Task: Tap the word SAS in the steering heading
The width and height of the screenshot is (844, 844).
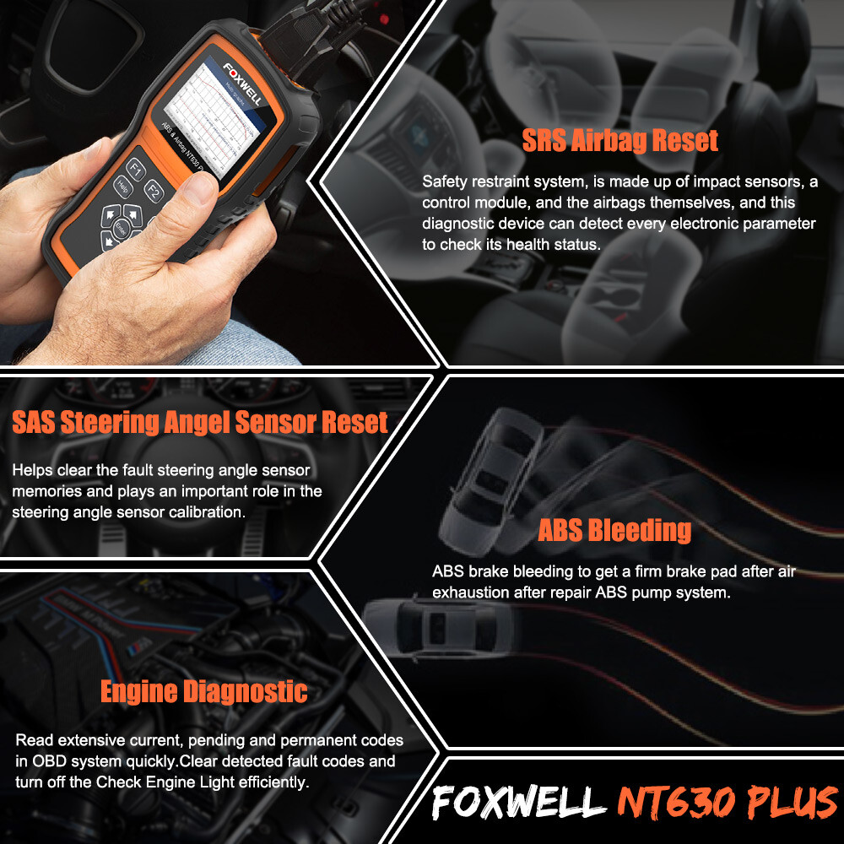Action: [39, 422]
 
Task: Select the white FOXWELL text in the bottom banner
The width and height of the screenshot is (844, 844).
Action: [518, 803]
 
